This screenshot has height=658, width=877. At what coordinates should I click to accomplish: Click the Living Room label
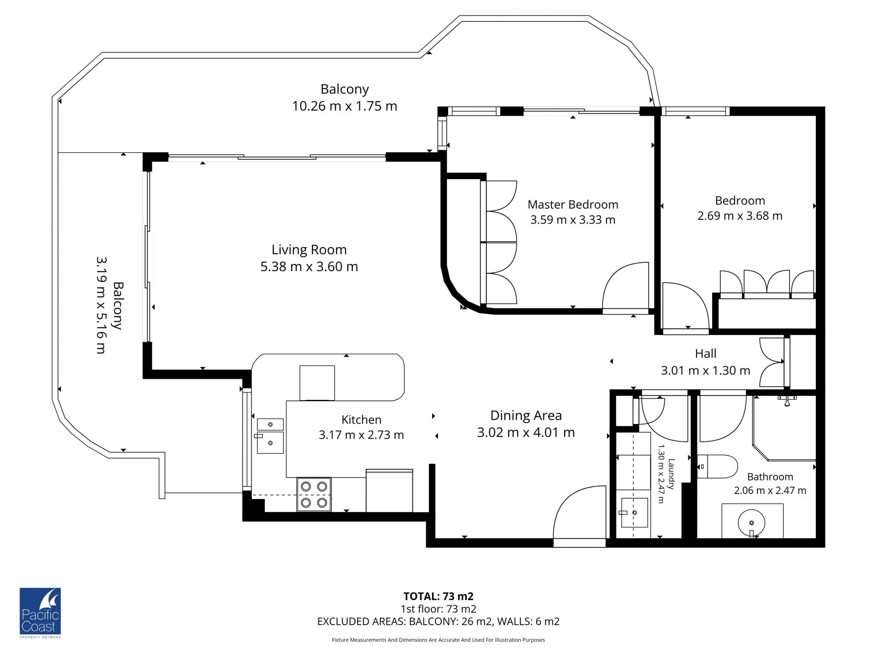point(309,249)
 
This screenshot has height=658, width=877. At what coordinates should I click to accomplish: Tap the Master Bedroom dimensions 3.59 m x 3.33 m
point(573,220)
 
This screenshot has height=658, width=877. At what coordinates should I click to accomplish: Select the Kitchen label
point(361,419)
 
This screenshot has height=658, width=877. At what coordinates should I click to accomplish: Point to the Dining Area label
point(526,415)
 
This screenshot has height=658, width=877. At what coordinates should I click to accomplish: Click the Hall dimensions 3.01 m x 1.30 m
point(705,370)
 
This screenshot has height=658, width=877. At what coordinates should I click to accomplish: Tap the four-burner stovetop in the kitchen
point(314,494)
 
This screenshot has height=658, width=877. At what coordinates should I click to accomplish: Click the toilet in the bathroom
point(717,466)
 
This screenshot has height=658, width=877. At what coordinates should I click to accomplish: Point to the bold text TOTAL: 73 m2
point(438,596)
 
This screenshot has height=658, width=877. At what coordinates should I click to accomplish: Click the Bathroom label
point(770,477)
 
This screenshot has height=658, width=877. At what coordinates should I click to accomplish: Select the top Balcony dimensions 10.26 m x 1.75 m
point(344,106)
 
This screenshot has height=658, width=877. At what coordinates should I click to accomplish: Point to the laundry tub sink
point(634,512)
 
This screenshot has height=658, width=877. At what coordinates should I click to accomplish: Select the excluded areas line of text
point(438,621)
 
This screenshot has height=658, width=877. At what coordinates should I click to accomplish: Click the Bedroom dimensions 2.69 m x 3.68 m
point(740,216)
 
